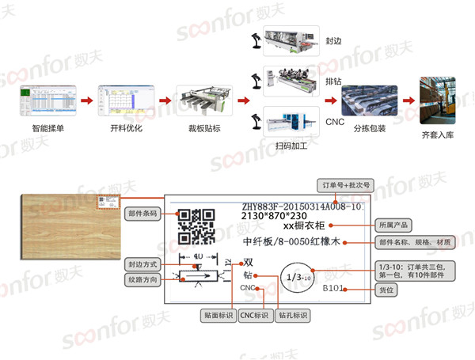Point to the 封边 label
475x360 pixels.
click(332, 39)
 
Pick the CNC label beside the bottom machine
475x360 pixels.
click(334, 121)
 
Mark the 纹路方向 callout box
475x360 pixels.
click(143, 279)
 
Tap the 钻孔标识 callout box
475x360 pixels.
click(293, 315)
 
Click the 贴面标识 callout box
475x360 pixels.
click(218, 315)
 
